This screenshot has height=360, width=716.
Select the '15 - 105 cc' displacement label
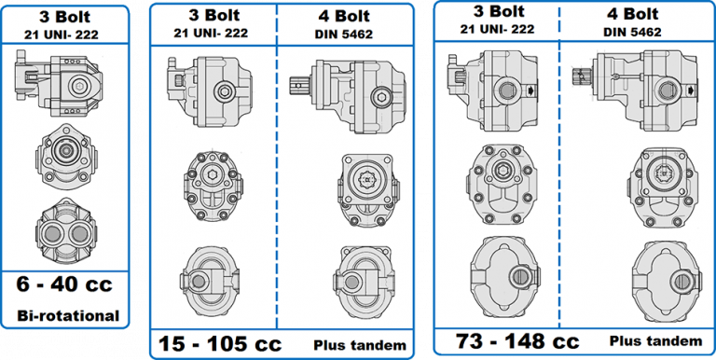(x=213, y=342)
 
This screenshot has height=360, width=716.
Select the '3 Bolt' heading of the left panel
(x=64, y=16)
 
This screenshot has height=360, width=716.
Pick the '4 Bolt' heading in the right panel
(x=634, y=13)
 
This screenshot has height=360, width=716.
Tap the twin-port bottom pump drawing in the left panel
(x=64, y=228)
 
